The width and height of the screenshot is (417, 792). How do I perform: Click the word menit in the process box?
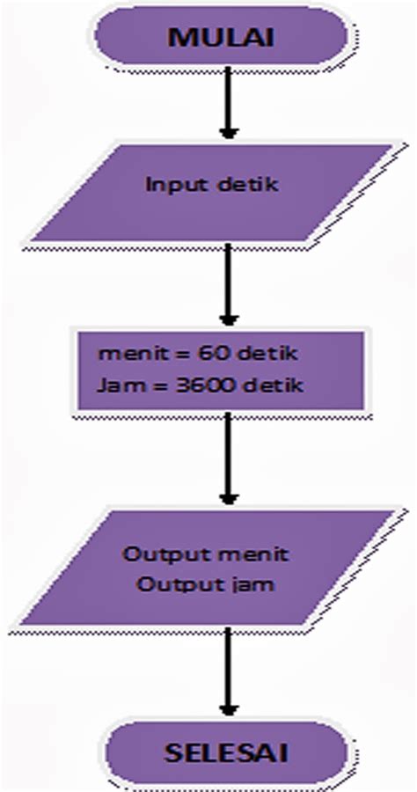point(122,355)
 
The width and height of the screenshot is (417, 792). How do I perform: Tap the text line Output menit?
point(206,555)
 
